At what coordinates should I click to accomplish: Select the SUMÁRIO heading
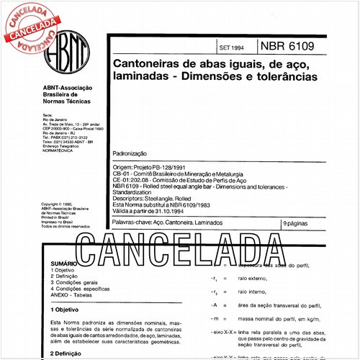point(63,264)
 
